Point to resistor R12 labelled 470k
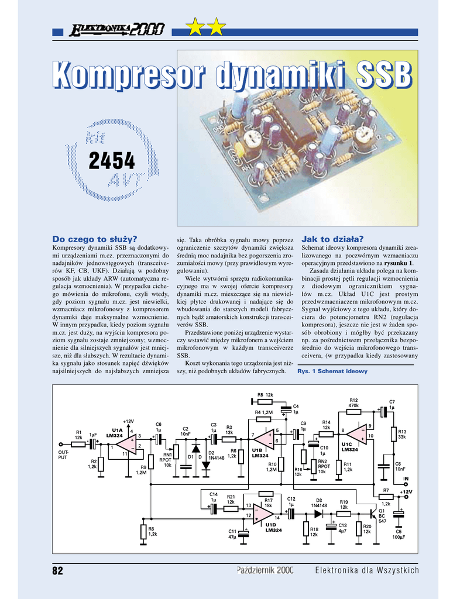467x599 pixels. coord(353,412)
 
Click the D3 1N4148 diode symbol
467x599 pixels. coord(318,514)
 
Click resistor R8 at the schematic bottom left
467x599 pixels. coord(143,532)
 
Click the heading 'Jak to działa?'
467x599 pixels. coord(332,239)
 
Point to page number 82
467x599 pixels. coord(57,570)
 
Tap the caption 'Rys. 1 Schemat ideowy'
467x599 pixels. coord(332,371)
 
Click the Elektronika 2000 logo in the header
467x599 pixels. coord(118,29)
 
